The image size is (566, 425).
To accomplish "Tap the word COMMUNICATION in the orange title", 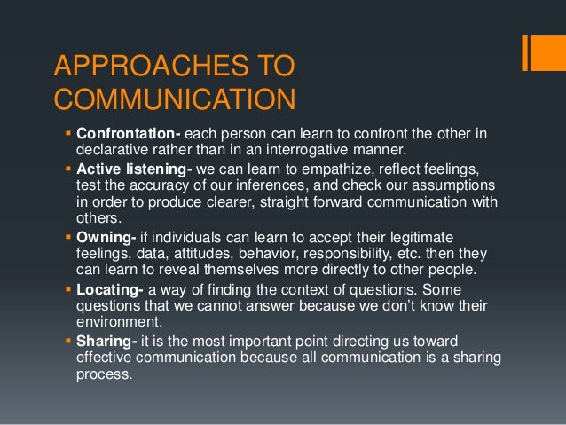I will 174,98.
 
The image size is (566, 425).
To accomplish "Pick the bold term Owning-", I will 104,237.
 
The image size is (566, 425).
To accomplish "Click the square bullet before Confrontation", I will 69,134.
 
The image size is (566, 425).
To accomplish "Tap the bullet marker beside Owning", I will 69,237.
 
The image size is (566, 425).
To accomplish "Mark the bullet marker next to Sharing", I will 69,342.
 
